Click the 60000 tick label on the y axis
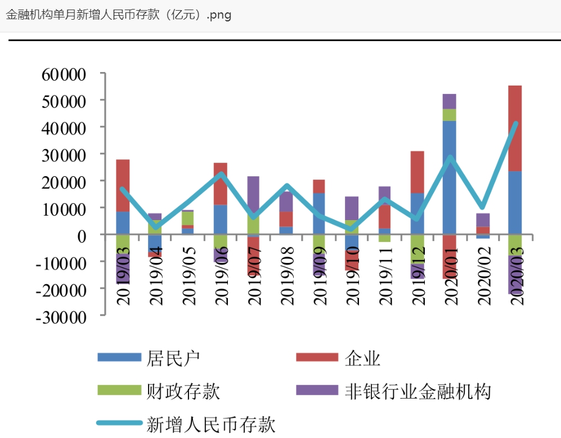pos(62,74)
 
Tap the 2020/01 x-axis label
pos(451,277)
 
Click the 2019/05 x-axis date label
pos(189,277)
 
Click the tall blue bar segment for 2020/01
pos(450,177)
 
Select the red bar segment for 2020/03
pos(515,128)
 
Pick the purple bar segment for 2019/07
pos(253,195)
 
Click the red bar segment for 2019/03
pos(123,186)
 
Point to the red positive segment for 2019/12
pos(417,172)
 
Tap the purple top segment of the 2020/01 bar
pos(450,101)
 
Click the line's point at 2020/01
pos(450,158)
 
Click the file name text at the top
pos(118,15)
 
